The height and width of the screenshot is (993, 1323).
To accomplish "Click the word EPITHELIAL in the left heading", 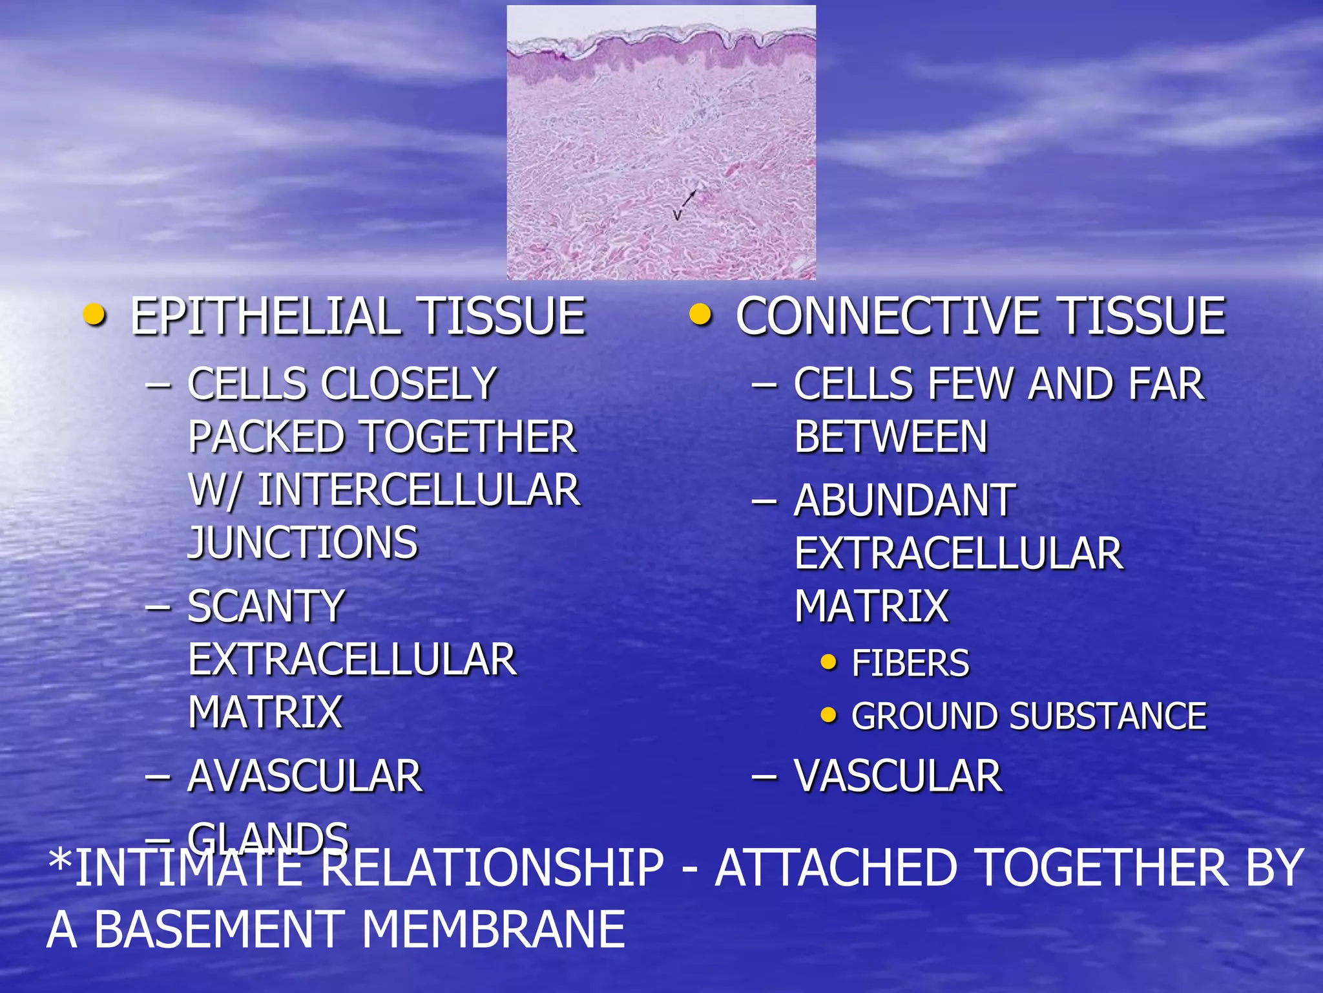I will coord(266,317).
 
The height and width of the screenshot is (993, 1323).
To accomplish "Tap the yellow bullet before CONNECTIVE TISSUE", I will coord(700,315).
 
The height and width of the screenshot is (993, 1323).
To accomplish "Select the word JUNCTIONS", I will coord(303,542).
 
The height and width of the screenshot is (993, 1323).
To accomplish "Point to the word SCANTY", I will coord(266,607).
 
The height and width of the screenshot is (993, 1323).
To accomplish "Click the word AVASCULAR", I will coord(305,776).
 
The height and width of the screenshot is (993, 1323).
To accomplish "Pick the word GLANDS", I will coord(268,837).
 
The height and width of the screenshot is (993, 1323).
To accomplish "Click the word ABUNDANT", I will coord(904,501).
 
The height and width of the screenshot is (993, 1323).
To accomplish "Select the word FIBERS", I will coord(910,663).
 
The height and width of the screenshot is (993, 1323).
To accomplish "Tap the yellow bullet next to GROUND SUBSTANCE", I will coord(828,715).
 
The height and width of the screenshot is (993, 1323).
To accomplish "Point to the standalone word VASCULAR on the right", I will coord(898,776).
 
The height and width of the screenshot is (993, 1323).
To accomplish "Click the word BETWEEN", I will coord(891,438).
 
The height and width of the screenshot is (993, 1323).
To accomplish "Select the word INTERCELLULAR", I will coord(419,490).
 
